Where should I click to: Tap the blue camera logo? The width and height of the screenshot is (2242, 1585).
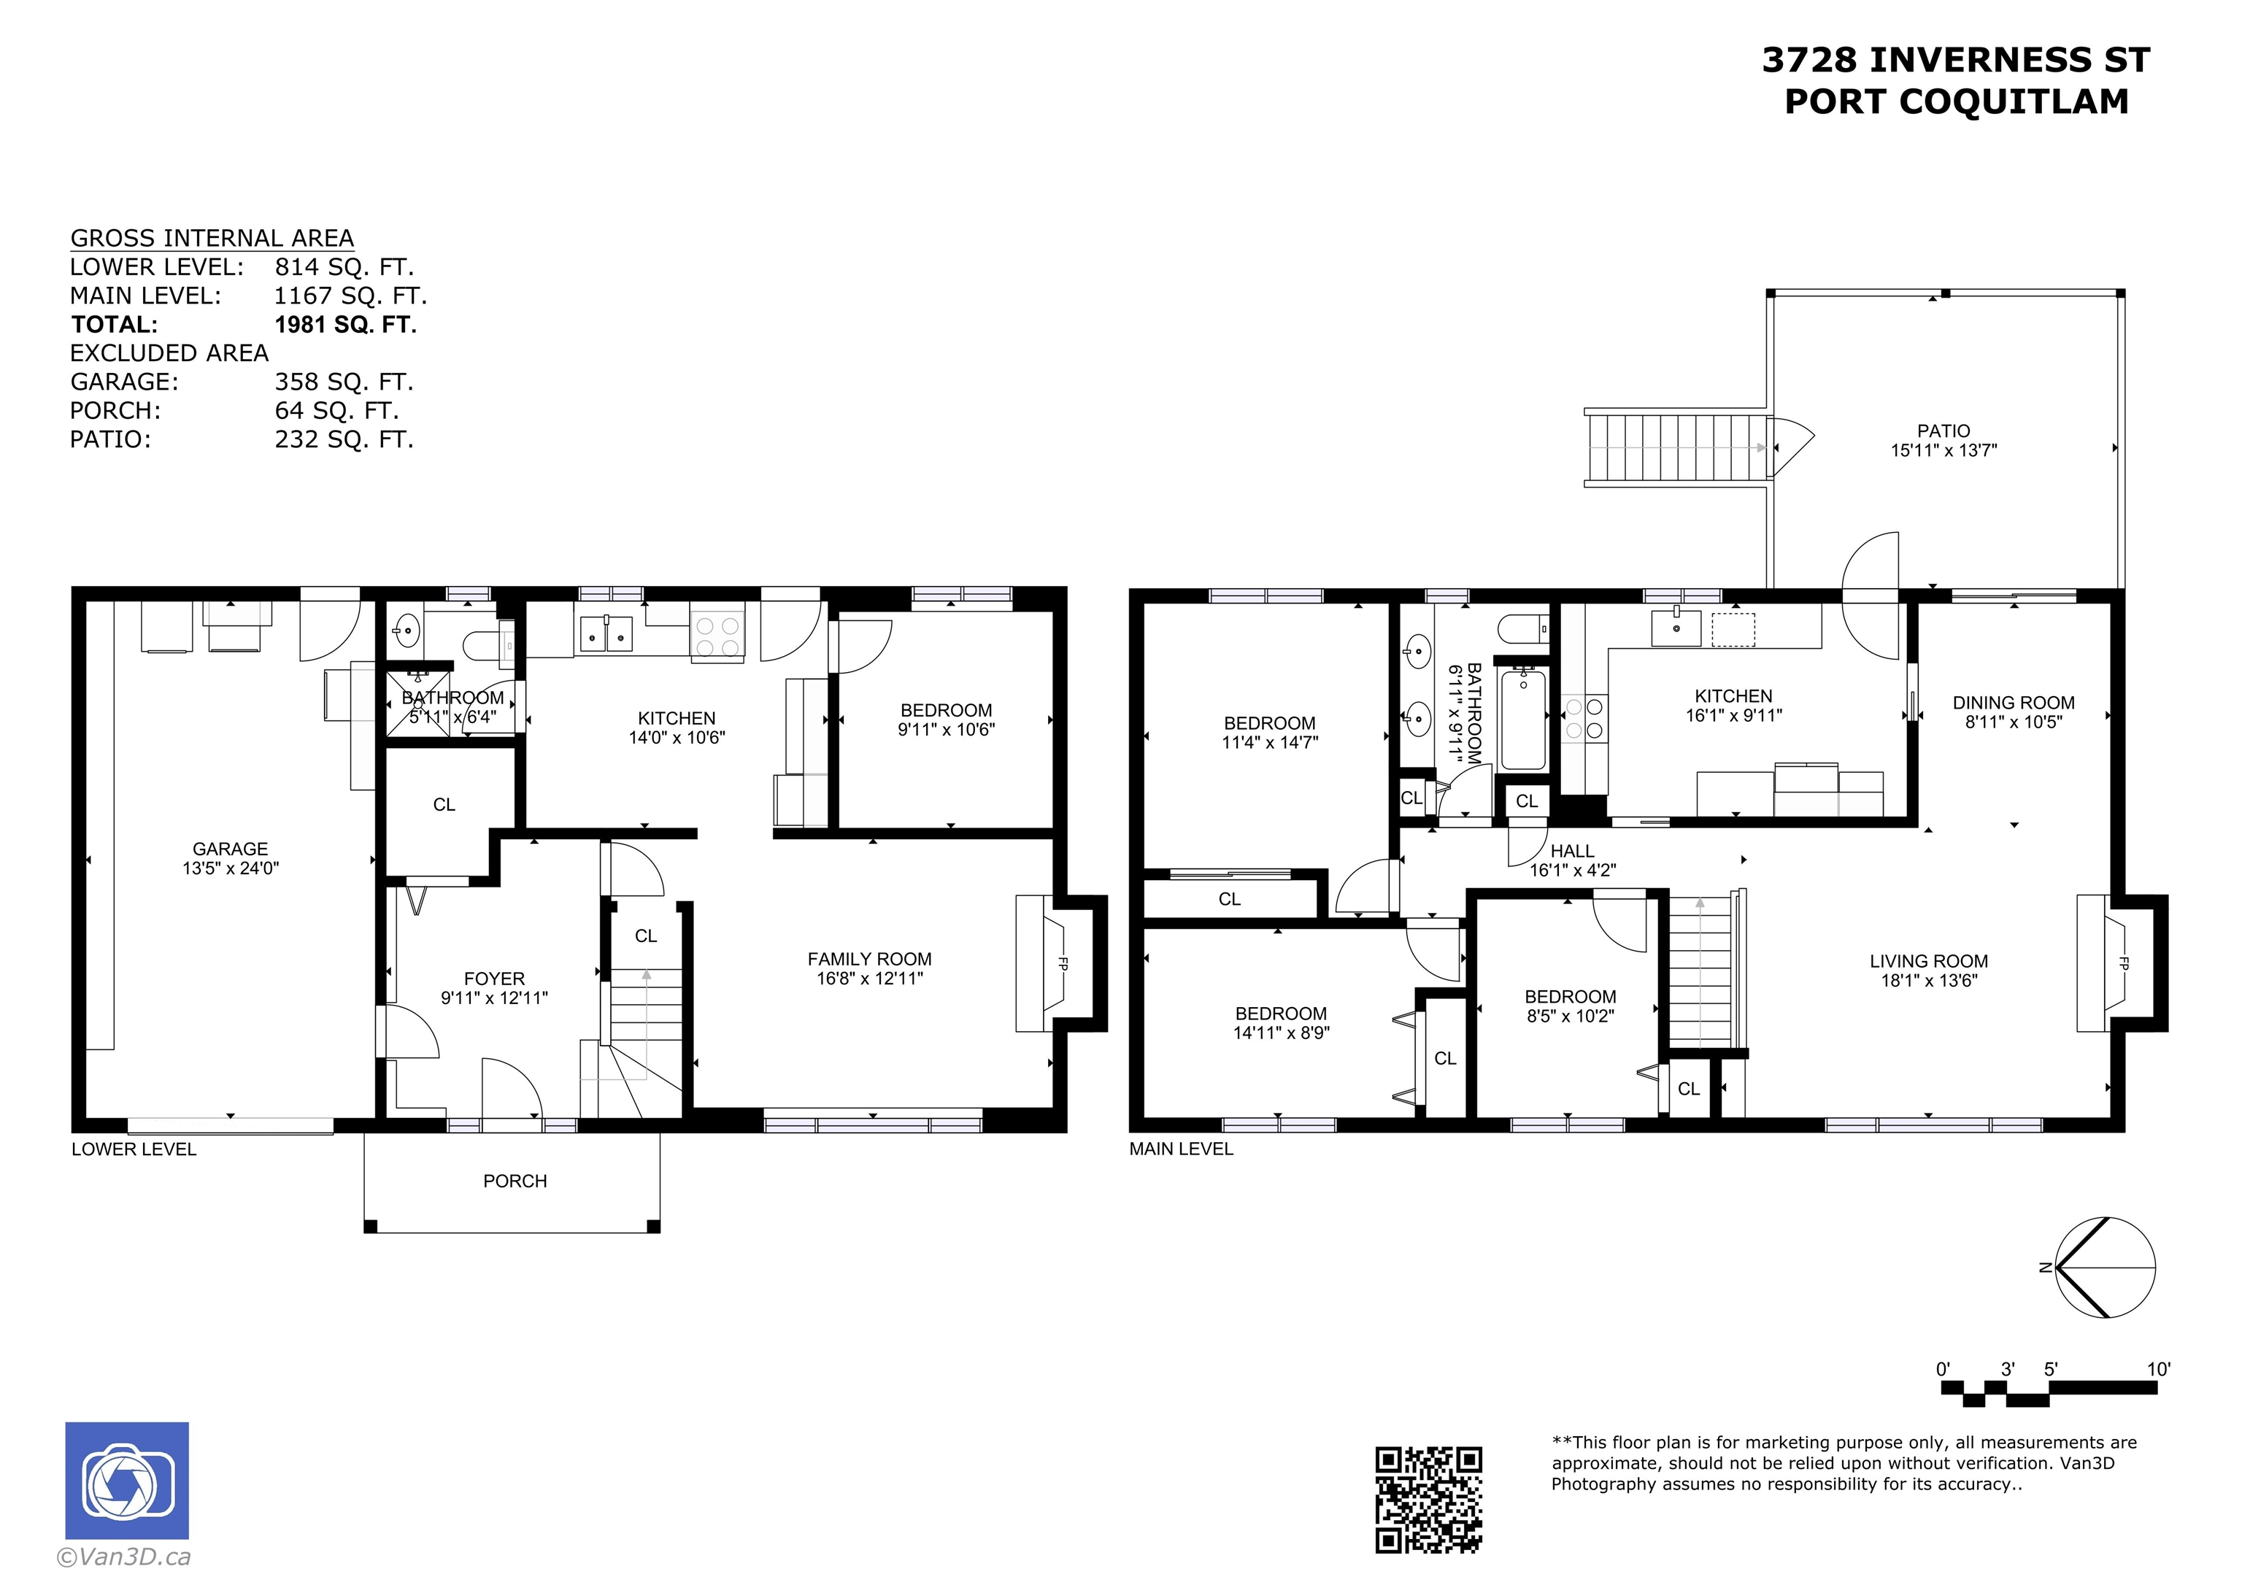pyautogui.click(x=127, y=1481)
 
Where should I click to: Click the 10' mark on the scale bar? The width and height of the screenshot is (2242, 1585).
pyautogui.click(x=2158, y=1369)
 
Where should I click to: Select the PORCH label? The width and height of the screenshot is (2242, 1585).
pyautogui.click(x=515, y=1181)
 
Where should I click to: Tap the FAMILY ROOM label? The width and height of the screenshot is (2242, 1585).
pyautogui.click(x=869, y=959)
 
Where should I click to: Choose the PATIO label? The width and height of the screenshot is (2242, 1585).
pyautogui.click(x=1944, y=431)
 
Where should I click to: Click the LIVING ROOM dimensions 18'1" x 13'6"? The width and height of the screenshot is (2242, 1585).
pyautogui.click(x=1929, y=981)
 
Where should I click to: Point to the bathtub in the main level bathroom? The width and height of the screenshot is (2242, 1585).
pyautogui.click(x=1523, y=719)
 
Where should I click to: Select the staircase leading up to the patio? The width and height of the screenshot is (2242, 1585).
pyautogui.click(x=1676, y=447)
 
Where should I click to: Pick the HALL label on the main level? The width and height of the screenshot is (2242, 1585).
pyautogui.click(x=1572, y=851)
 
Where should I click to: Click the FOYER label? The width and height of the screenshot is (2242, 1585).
pyautogui.click(x=494, y=979)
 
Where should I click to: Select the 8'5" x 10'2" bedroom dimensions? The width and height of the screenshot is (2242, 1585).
pyautogui.click(x=1570, y=1016)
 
